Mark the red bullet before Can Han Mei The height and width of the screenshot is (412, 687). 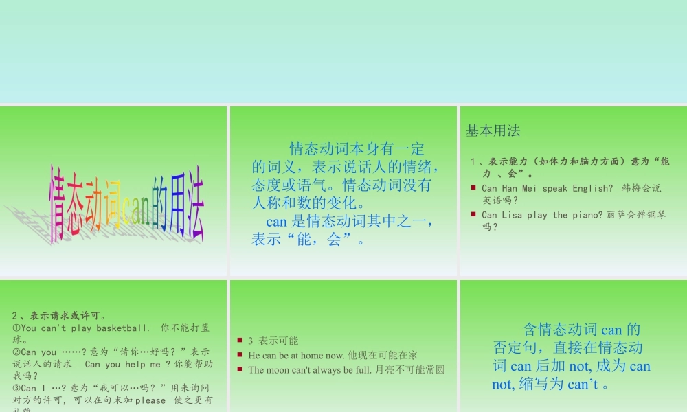pyautogui.click(x=473, y=187)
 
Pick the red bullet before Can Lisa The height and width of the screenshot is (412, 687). pyautogui.click(x=473, y=214)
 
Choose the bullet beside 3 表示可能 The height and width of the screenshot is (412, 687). pyautogui.click(x=239, y=340)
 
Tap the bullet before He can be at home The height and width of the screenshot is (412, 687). pyautogui.click(x=239, y=354)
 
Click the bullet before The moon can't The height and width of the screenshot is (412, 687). pyautogui.click(x=239, y=369)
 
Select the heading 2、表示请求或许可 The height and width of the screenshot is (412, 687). pyautogui.click(x=58, y=316)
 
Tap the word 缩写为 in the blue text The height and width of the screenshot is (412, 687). pyautogui.click(x=543, y=385)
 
